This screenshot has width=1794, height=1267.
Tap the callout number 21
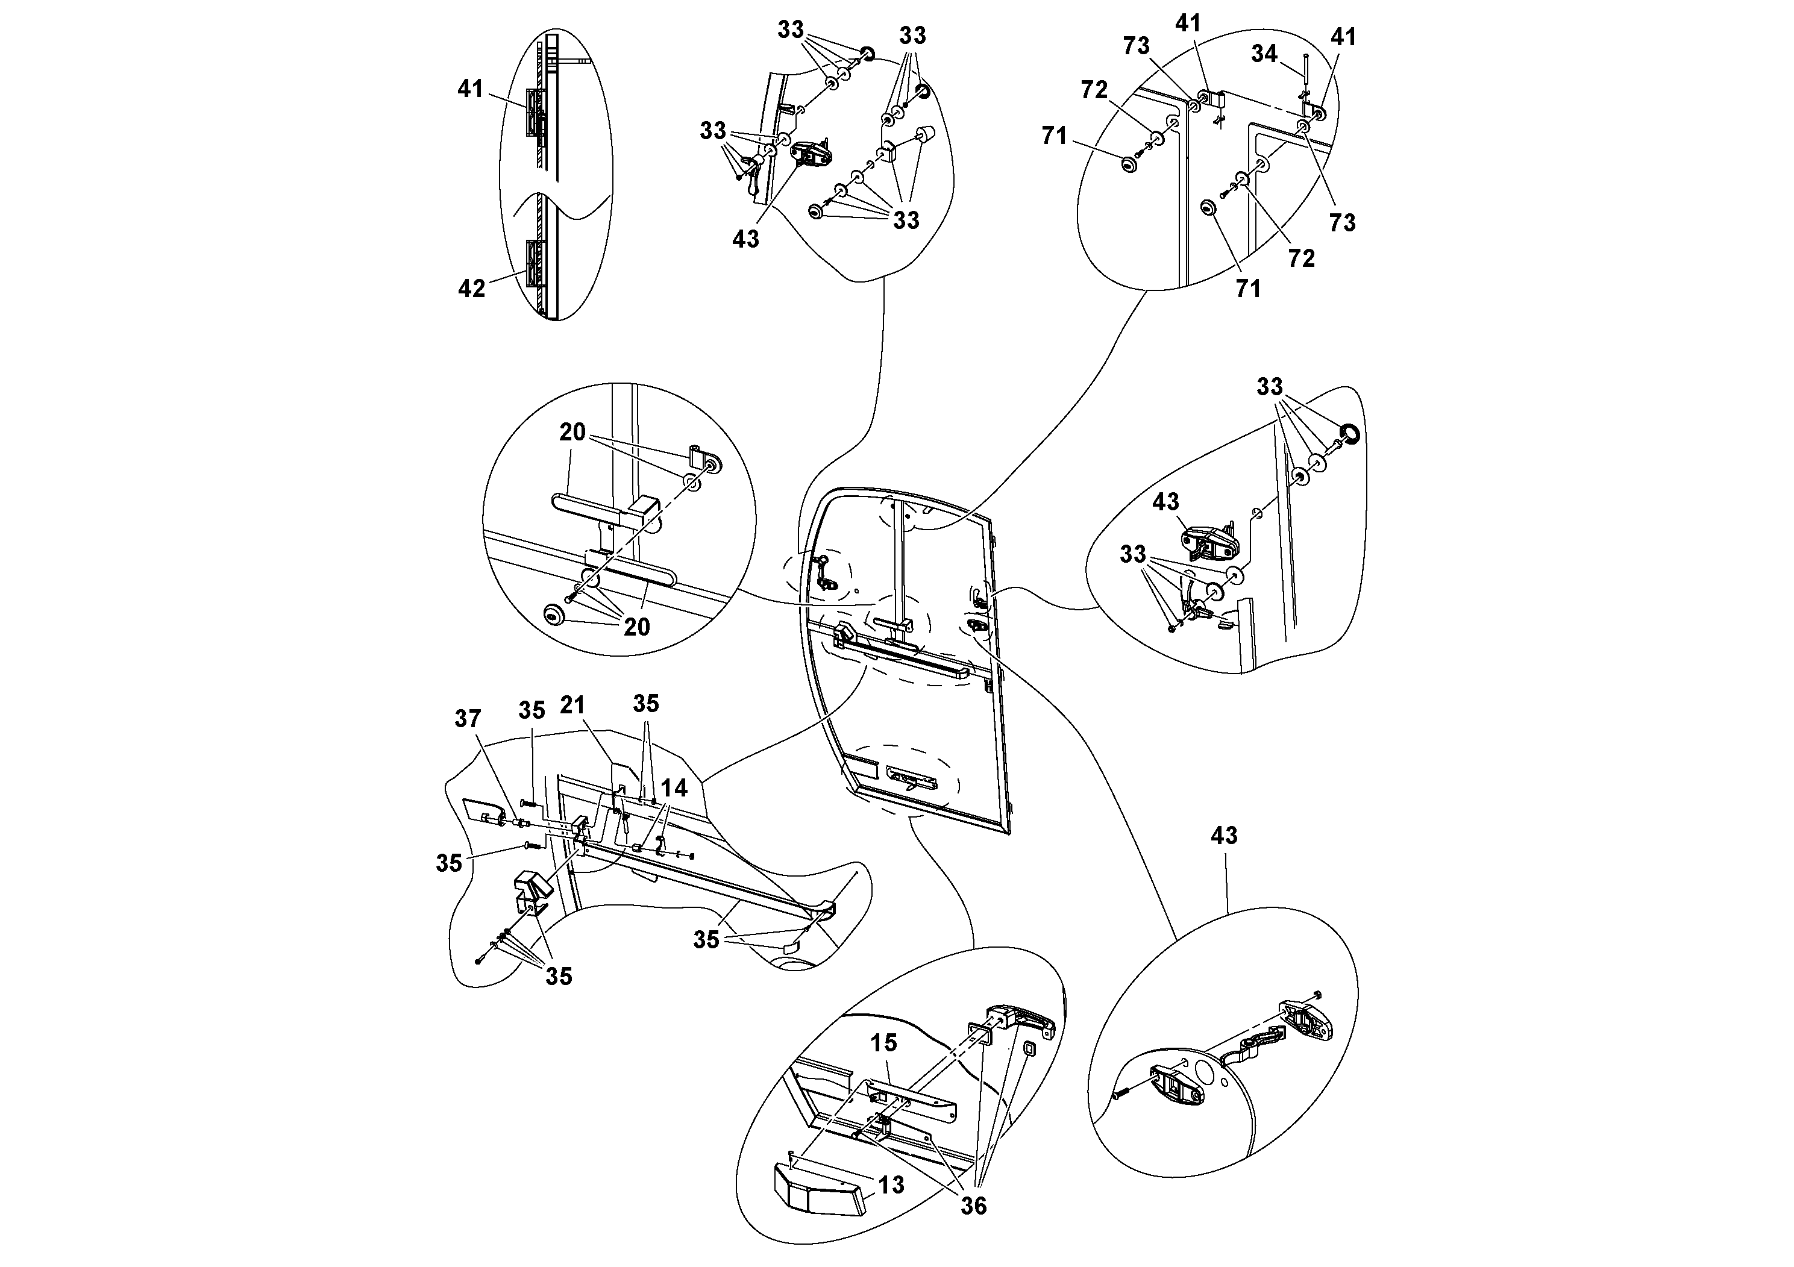[x=572, y=704]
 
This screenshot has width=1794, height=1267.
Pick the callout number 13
[x=891, y=1185]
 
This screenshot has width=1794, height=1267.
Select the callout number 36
[x=974, y=1206]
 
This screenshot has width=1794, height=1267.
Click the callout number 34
[x=1264, y=53]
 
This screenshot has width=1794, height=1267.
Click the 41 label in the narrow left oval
[x=471, y=89]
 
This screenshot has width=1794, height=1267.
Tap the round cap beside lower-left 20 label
[x=554, y=617]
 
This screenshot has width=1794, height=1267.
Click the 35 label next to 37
[x=532, y=710]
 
